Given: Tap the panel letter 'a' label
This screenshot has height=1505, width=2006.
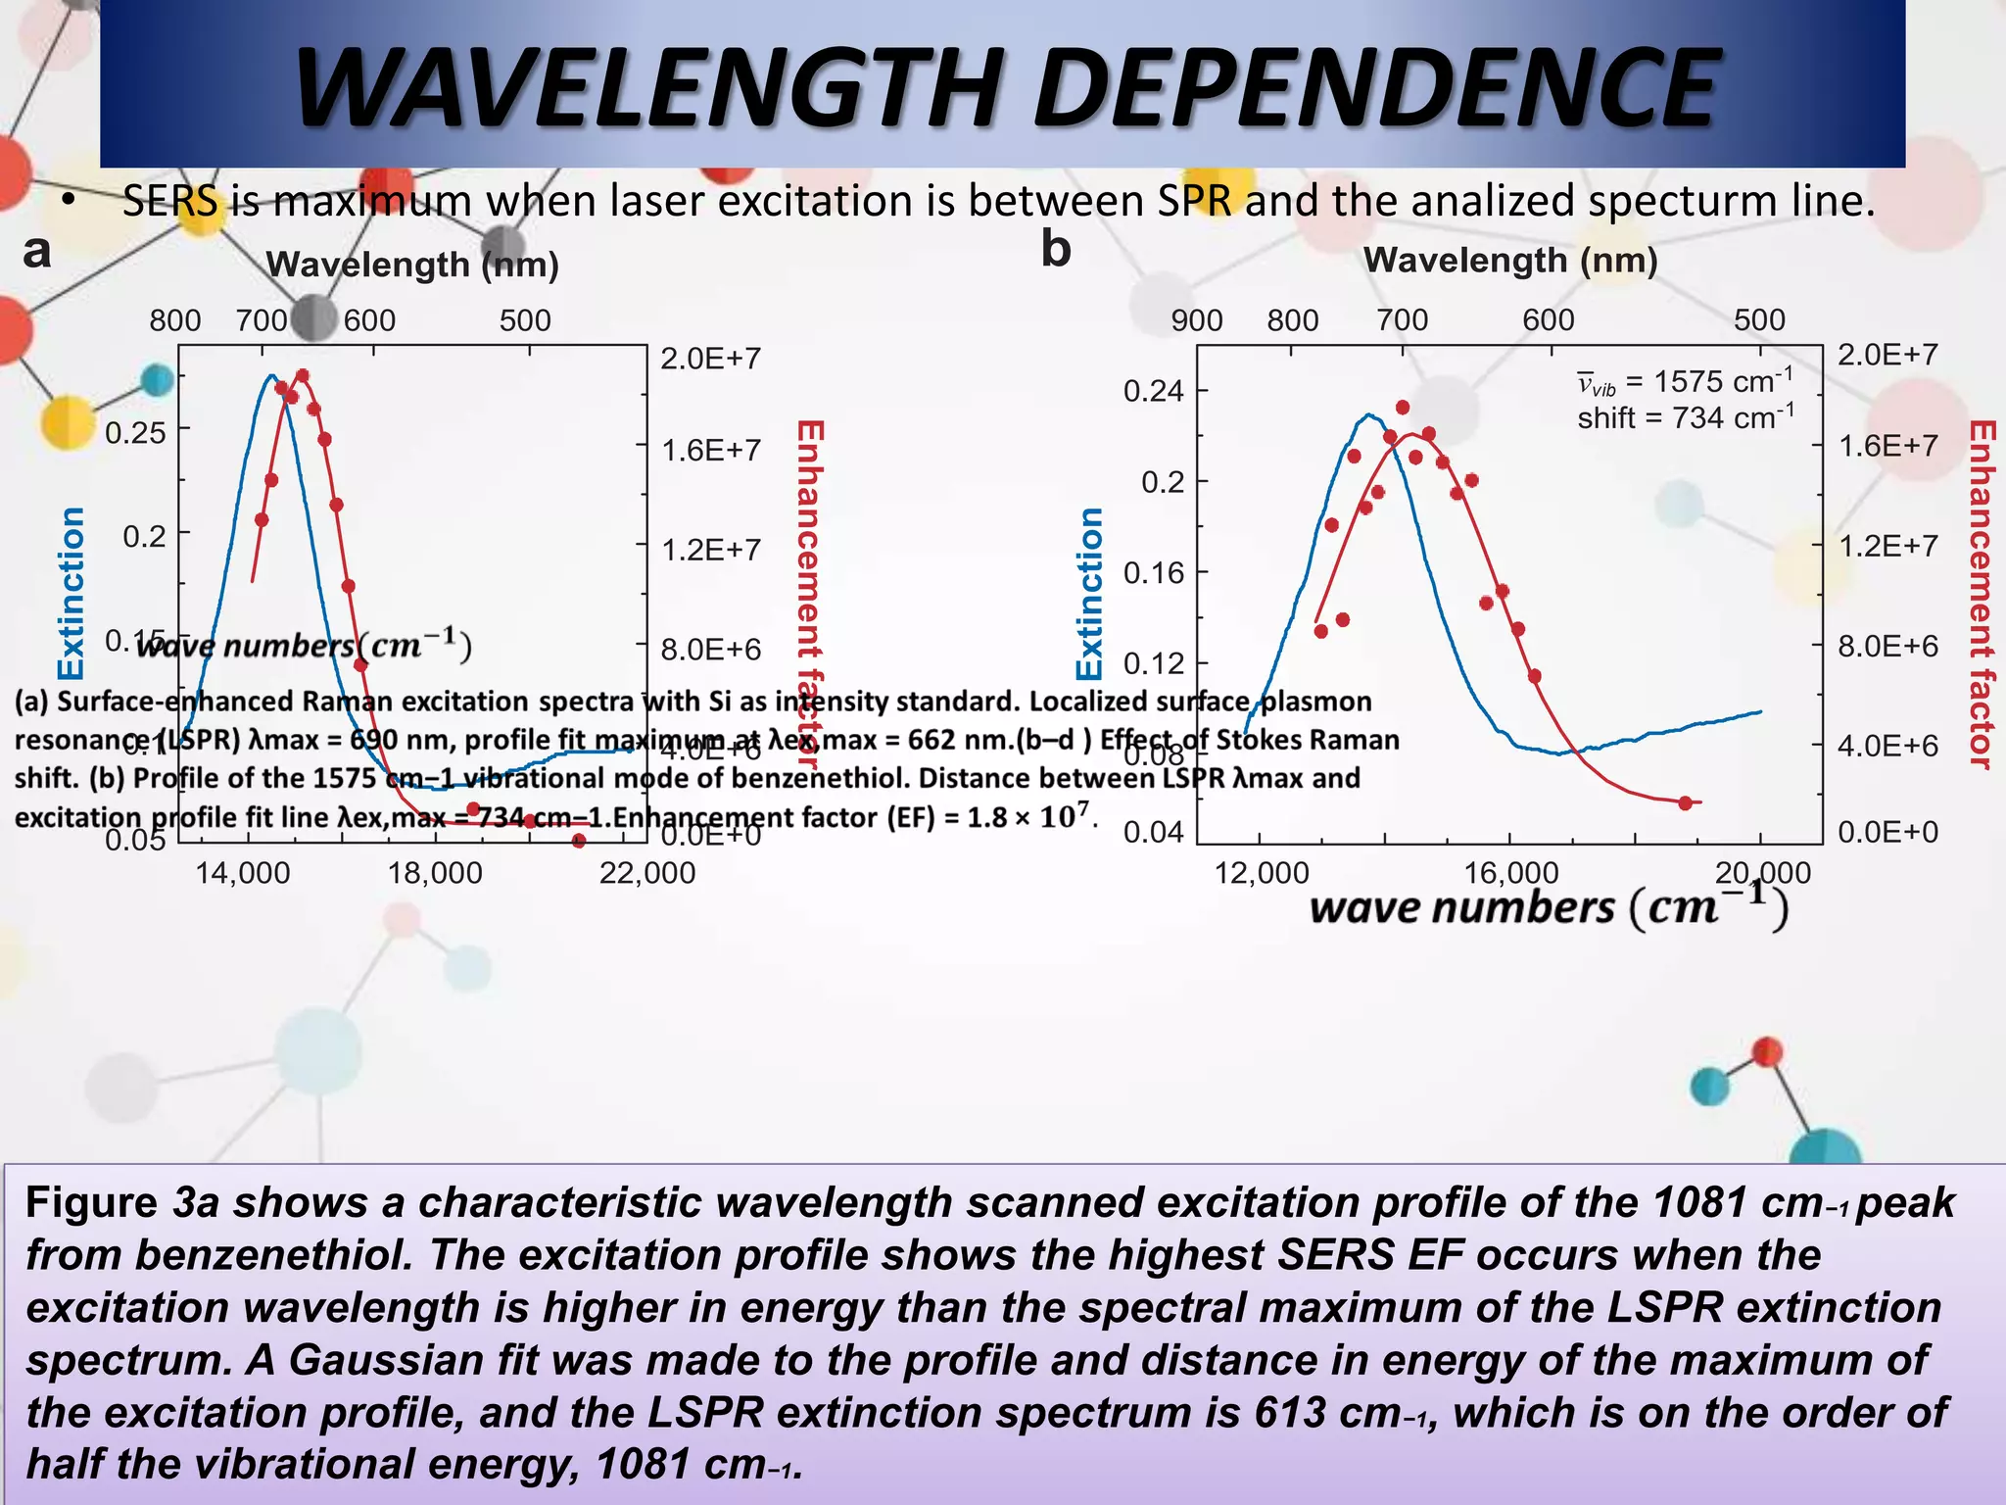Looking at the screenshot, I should (x=37, y=251).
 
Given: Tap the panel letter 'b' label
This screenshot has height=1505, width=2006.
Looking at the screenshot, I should (x=1055, y=249).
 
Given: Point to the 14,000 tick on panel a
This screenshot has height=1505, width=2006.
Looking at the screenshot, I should (x=242, y=872).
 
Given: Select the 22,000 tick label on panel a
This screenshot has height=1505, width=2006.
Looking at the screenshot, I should (x=646, y=872).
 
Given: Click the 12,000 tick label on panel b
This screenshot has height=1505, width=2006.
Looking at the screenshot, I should (x=1261, y=872).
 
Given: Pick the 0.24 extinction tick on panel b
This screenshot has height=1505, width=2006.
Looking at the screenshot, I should (x=1153, y=391).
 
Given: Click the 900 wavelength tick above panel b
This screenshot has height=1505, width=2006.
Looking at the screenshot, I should (x=1196, y=320).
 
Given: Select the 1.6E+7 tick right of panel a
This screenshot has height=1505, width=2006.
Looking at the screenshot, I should (x=711, y=450).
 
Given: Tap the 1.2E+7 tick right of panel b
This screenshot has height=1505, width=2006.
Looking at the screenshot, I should (x=1887, y=546).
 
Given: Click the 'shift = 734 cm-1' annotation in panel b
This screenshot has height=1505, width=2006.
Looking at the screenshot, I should (x=1685, y=418).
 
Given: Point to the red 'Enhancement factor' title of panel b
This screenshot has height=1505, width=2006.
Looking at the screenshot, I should (x=1982, y=595).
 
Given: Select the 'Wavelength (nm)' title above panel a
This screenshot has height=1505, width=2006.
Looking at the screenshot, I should (x=412, y=265).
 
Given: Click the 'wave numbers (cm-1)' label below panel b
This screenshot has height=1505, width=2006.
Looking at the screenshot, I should (x=1548, y=906).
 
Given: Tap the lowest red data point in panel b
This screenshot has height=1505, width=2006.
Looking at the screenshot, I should (x=1685, y=803).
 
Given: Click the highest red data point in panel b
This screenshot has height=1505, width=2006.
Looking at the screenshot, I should (x=1403, y=407).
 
